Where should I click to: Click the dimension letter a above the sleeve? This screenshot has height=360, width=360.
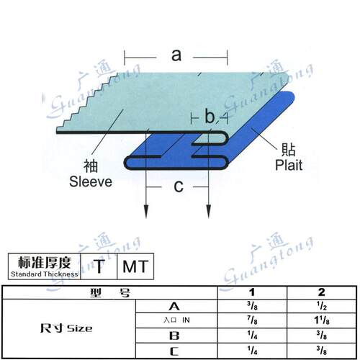coord(176,55)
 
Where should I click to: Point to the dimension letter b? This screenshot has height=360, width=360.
coord(210,116)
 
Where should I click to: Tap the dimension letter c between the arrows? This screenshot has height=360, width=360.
coord(179,186)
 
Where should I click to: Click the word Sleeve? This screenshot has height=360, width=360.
coord(91,181)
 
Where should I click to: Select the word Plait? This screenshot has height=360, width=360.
coord(289,165)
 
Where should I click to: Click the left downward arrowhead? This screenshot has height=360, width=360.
coord(146,212)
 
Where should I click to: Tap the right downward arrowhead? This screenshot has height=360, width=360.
coord(209,212)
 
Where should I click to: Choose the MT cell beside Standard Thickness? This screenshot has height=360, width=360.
coord(135,266)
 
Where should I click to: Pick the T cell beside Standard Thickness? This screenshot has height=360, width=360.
coord(99,266)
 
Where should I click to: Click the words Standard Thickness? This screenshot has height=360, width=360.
coord(45,274)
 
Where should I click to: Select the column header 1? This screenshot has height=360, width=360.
coord(252,292)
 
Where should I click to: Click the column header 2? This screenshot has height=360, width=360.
coord(322,292)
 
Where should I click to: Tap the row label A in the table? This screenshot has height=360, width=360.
coord(174,306)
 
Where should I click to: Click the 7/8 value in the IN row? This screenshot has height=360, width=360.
coord(252,320)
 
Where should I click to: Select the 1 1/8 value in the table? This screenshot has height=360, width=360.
coord(322,320)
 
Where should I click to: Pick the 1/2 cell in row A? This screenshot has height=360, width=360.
coord(322,306)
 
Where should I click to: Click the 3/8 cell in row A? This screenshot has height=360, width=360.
coord(252,306)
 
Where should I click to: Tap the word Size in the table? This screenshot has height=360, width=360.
coord(79,328)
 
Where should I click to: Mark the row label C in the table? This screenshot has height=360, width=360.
coord(174,351)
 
